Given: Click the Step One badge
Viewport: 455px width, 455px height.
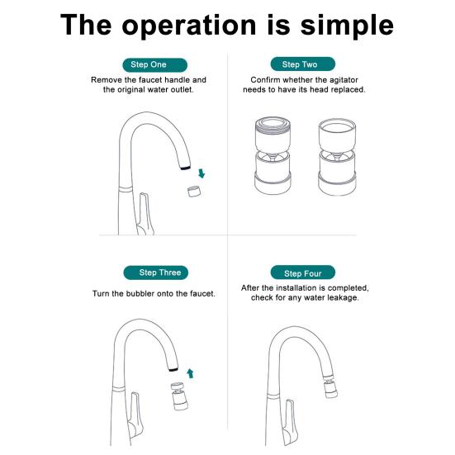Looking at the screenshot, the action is (155, 64).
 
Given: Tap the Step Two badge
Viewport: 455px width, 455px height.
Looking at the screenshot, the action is (303, 64).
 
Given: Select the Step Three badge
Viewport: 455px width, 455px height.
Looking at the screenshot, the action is (156, 273).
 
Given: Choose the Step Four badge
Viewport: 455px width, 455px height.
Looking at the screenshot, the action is (303, 273).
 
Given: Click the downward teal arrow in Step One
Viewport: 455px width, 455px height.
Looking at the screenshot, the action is (201, 173).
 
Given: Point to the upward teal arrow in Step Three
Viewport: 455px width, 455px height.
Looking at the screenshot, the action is (191, 373).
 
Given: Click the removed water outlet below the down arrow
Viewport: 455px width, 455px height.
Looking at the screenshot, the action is (194, 192).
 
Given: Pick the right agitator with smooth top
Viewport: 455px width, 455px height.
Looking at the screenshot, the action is (337, 157).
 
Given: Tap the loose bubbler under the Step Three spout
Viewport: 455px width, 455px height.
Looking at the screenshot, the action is (178, 396).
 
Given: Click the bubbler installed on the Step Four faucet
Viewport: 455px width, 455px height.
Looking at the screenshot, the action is (330, 386).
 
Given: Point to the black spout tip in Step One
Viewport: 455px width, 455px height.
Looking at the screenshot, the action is (185, 168).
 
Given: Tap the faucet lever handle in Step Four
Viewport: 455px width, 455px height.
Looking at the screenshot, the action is (290, 422).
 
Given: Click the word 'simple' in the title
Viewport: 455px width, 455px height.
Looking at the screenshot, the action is (347, 26).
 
